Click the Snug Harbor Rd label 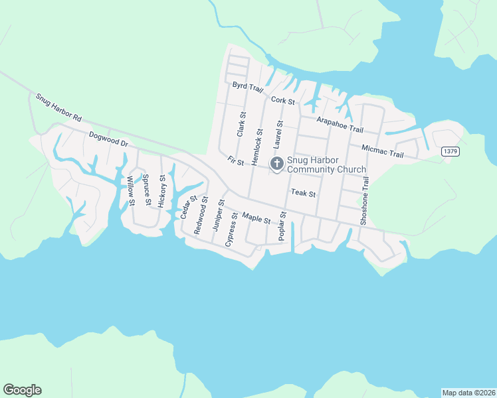(x=58, y=107)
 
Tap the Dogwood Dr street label (x=108, y=139)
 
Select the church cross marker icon (x=276, y=163)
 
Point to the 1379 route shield (x=450, y=152)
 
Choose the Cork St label (x=283, y=100)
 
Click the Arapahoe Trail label (x=340, y=123)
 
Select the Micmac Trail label (x=383, y=151)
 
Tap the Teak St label (x=302, y=194)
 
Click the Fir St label (x=236, y=161)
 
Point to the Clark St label (x=241, y=125)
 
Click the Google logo (x=22, y=390)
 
